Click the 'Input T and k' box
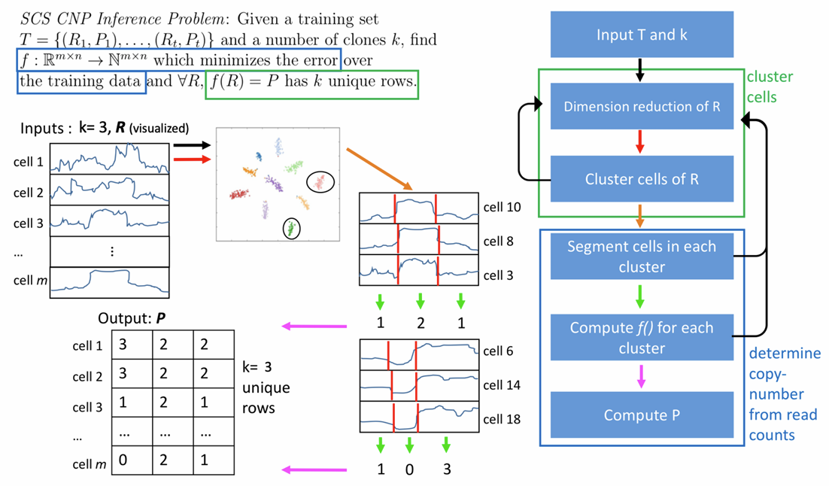click(641, 35)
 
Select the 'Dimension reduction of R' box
click(641, 106)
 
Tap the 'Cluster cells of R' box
click(641, 179)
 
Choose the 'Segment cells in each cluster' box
click(641, 257)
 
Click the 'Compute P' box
click(641, 415)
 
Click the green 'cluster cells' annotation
click(769, 87)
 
